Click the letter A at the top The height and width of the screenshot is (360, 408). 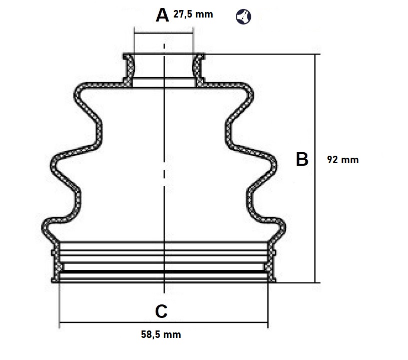click(162, 15)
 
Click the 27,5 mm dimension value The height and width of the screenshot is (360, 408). click(193, 14)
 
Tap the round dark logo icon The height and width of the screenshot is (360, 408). click(243, 16)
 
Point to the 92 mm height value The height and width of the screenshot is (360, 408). click(342, 160)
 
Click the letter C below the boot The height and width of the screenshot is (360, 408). click(161, 311)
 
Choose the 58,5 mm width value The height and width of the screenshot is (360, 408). click(161, 334)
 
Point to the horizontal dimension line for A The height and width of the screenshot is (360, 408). click(164, 34)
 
